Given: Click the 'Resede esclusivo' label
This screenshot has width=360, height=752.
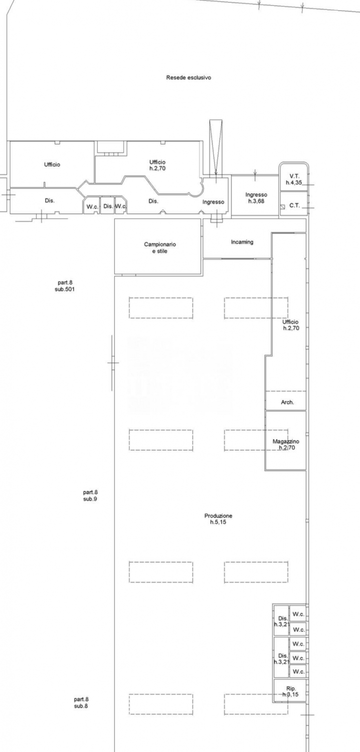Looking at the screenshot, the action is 189,78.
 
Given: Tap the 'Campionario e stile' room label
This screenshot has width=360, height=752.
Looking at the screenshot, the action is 160,248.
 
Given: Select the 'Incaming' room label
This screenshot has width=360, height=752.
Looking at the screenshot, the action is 242,242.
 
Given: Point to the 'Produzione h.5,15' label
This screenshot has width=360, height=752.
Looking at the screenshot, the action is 218,519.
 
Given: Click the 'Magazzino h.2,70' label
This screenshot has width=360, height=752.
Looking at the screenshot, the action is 286,445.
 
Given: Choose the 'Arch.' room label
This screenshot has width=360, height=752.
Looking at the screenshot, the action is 287,402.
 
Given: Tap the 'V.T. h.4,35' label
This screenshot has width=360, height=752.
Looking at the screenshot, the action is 294,179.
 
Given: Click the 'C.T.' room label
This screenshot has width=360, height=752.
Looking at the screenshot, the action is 294,206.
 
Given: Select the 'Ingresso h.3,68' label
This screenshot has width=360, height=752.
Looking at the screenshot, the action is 256,198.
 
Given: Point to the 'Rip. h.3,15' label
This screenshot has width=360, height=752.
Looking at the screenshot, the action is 290,691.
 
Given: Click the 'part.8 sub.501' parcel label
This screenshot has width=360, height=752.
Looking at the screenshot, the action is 65,286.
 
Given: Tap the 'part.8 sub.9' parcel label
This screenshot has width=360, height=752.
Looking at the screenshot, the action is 90,495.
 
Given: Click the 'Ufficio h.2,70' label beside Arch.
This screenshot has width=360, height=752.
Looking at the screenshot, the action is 290,325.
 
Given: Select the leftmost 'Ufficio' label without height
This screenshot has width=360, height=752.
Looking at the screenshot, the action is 52,164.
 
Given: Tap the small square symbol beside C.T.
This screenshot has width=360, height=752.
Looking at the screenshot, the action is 283,207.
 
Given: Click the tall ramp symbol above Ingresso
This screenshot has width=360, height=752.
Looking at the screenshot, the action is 216,147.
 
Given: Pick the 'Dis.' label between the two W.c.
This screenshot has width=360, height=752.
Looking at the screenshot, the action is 108,206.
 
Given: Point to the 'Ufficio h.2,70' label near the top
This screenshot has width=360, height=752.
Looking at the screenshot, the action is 157,165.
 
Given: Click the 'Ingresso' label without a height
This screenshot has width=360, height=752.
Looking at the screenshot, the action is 213,202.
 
